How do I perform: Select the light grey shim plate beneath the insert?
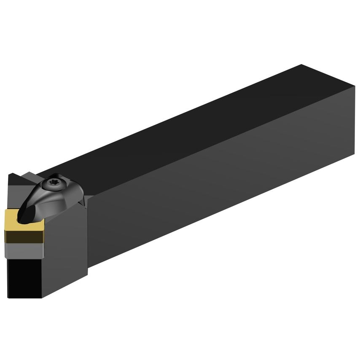pyautogui.click(x=24, y=249)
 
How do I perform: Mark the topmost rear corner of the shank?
pyautogui.click(x=302, y=64)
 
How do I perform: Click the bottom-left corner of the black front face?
pyautogui.click(x=8, y=297)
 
